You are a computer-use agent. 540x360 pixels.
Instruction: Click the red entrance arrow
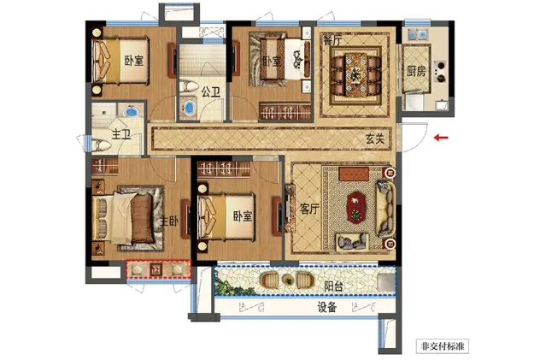(441, 138)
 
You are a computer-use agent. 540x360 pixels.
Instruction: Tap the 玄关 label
(375, 139)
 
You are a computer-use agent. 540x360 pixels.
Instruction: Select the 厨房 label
(416, 71)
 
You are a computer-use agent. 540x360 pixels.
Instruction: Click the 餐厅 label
(332, 40)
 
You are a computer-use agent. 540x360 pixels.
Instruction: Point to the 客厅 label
(309, 209)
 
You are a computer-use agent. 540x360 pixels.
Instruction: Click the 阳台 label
(333, 286)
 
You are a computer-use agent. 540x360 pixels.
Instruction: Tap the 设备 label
(327, 307)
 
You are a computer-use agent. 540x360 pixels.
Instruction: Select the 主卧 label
(169, 221)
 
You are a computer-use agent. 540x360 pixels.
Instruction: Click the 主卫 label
(121, 135)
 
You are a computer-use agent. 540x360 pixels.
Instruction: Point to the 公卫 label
(211, 92)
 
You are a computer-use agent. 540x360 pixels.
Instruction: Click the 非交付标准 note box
(443, 345)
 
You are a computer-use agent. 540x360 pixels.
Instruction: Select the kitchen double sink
(418, 34)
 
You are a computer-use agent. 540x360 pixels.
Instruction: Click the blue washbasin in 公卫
(189, 107)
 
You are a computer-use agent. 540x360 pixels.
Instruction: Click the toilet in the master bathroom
(101, 145)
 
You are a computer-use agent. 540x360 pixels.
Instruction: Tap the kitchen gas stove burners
(440, 71)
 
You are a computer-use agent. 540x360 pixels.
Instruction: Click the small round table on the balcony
(288, 280)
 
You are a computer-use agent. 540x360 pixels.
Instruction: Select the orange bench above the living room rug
(354, 174)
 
